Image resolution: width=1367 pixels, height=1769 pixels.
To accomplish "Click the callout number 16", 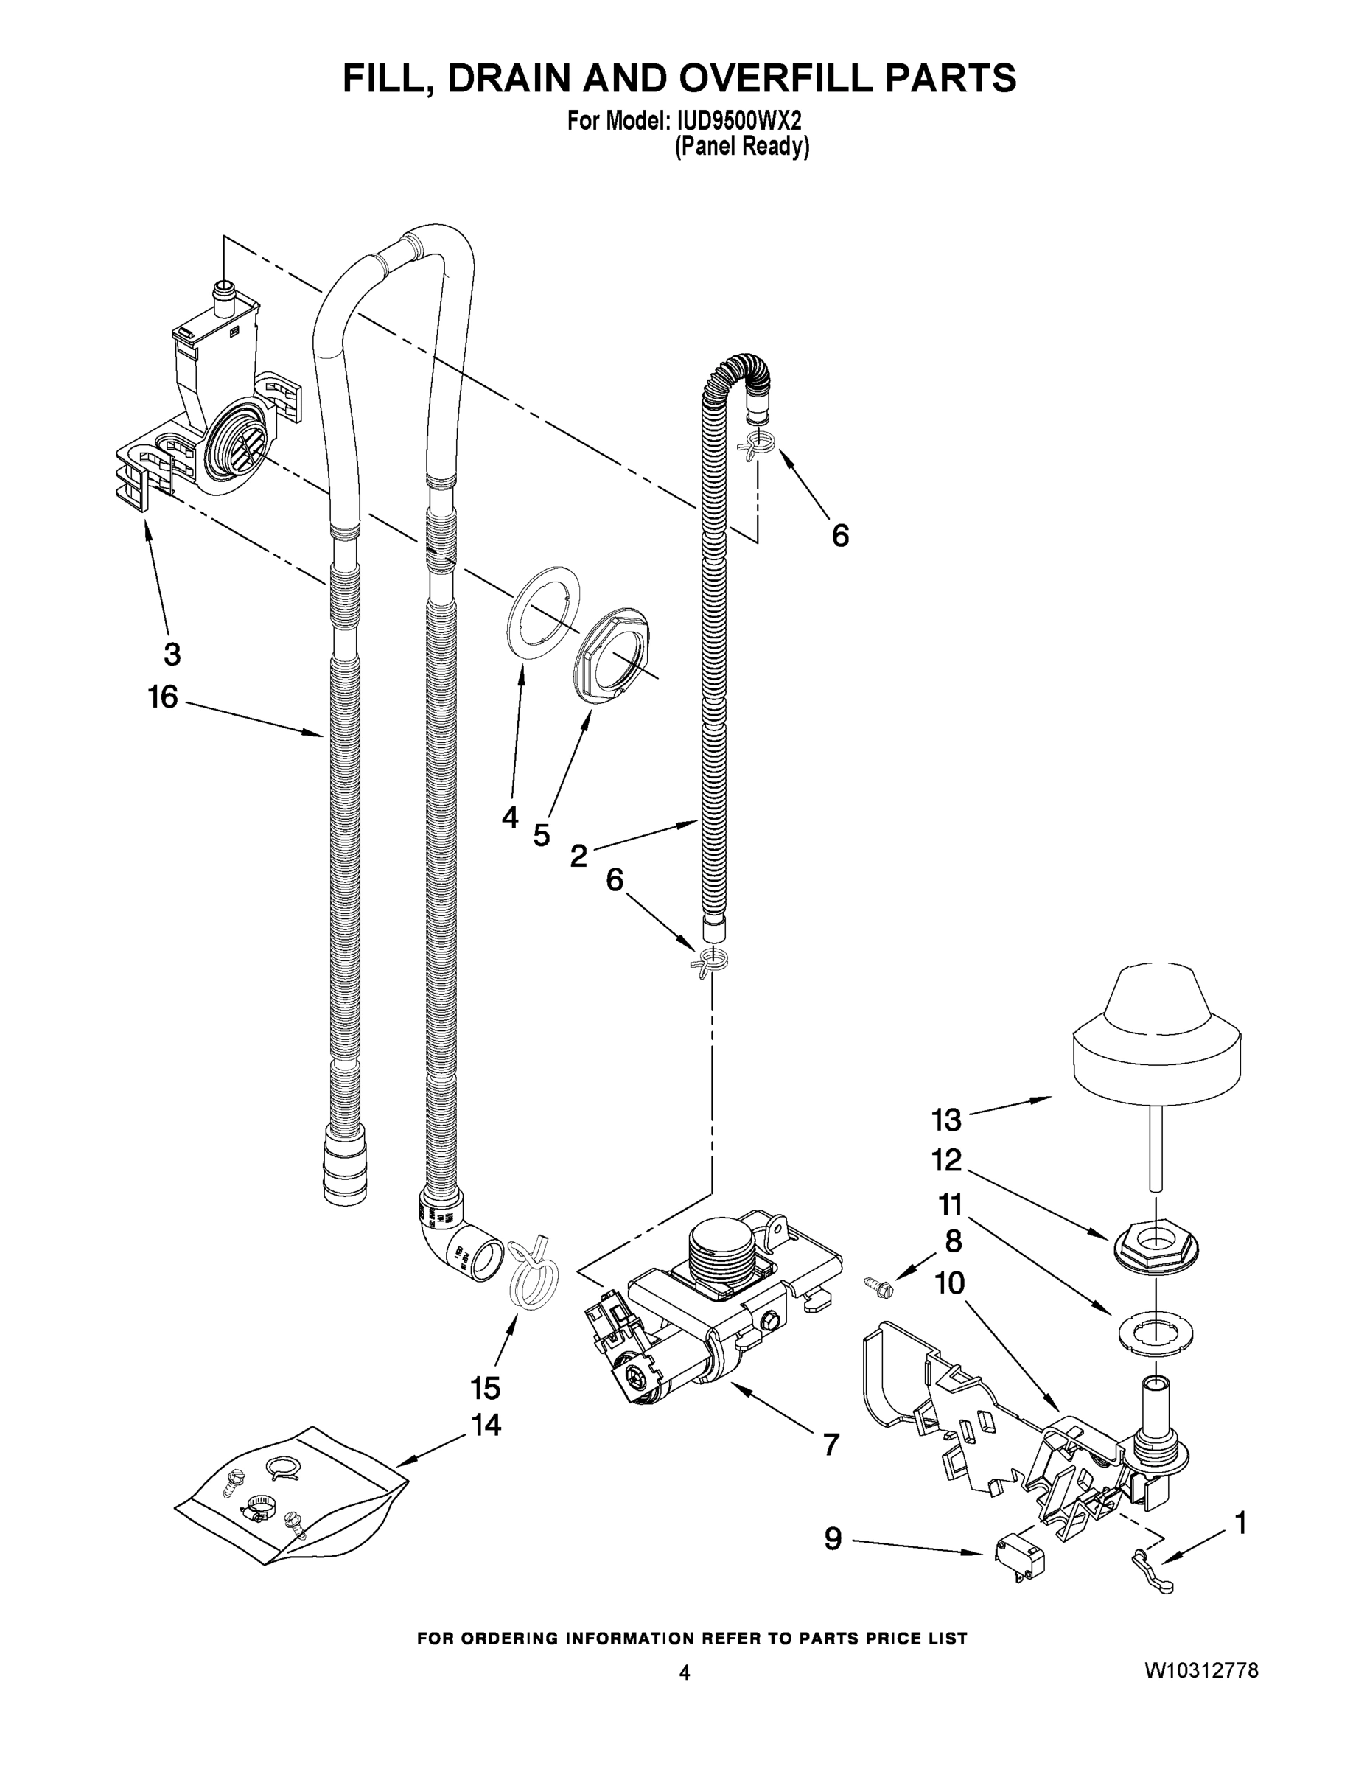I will [163, 697].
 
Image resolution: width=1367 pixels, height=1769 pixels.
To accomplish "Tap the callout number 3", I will [172, 654].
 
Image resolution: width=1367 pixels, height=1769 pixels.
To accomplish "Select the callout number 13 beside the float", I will [946, 1120].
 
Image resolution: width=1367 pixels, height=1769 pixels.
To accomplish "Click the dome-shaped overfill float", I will [1156, 1036].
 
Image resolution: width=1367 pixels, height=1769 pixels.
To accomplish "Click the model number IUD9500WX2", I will [735, 122].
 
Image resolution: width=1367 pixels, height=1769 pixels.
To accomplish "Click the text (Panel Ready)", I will [742, 147].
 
